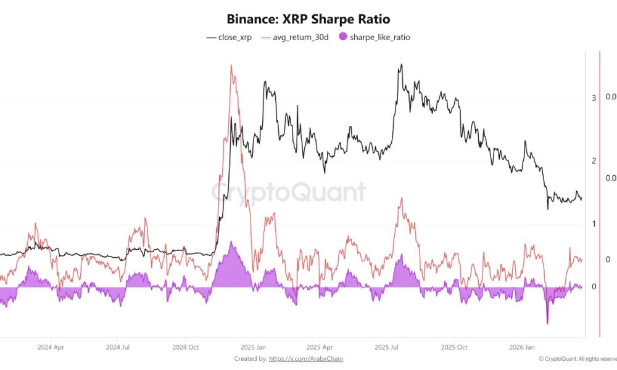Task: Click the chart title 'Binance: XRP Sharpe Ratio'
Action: coord(308,19)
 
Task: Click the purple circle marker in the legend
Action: coord(342,37)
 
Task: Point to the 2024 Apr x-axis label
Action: coord(51,347)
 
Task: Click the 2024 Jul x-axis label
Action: coord(117,347)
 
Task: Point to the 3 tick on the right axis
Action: coord(594,98)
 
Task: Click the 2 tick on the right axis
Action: coord(594,161)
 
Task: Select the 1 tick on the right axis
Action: coord(594,224)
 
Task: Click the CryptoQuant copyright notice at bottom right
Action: coord(577,359)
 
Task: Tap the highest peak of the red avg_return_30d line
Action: coord(231,65)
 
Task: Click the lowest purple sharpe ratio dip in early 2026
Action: coord(547,323)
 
